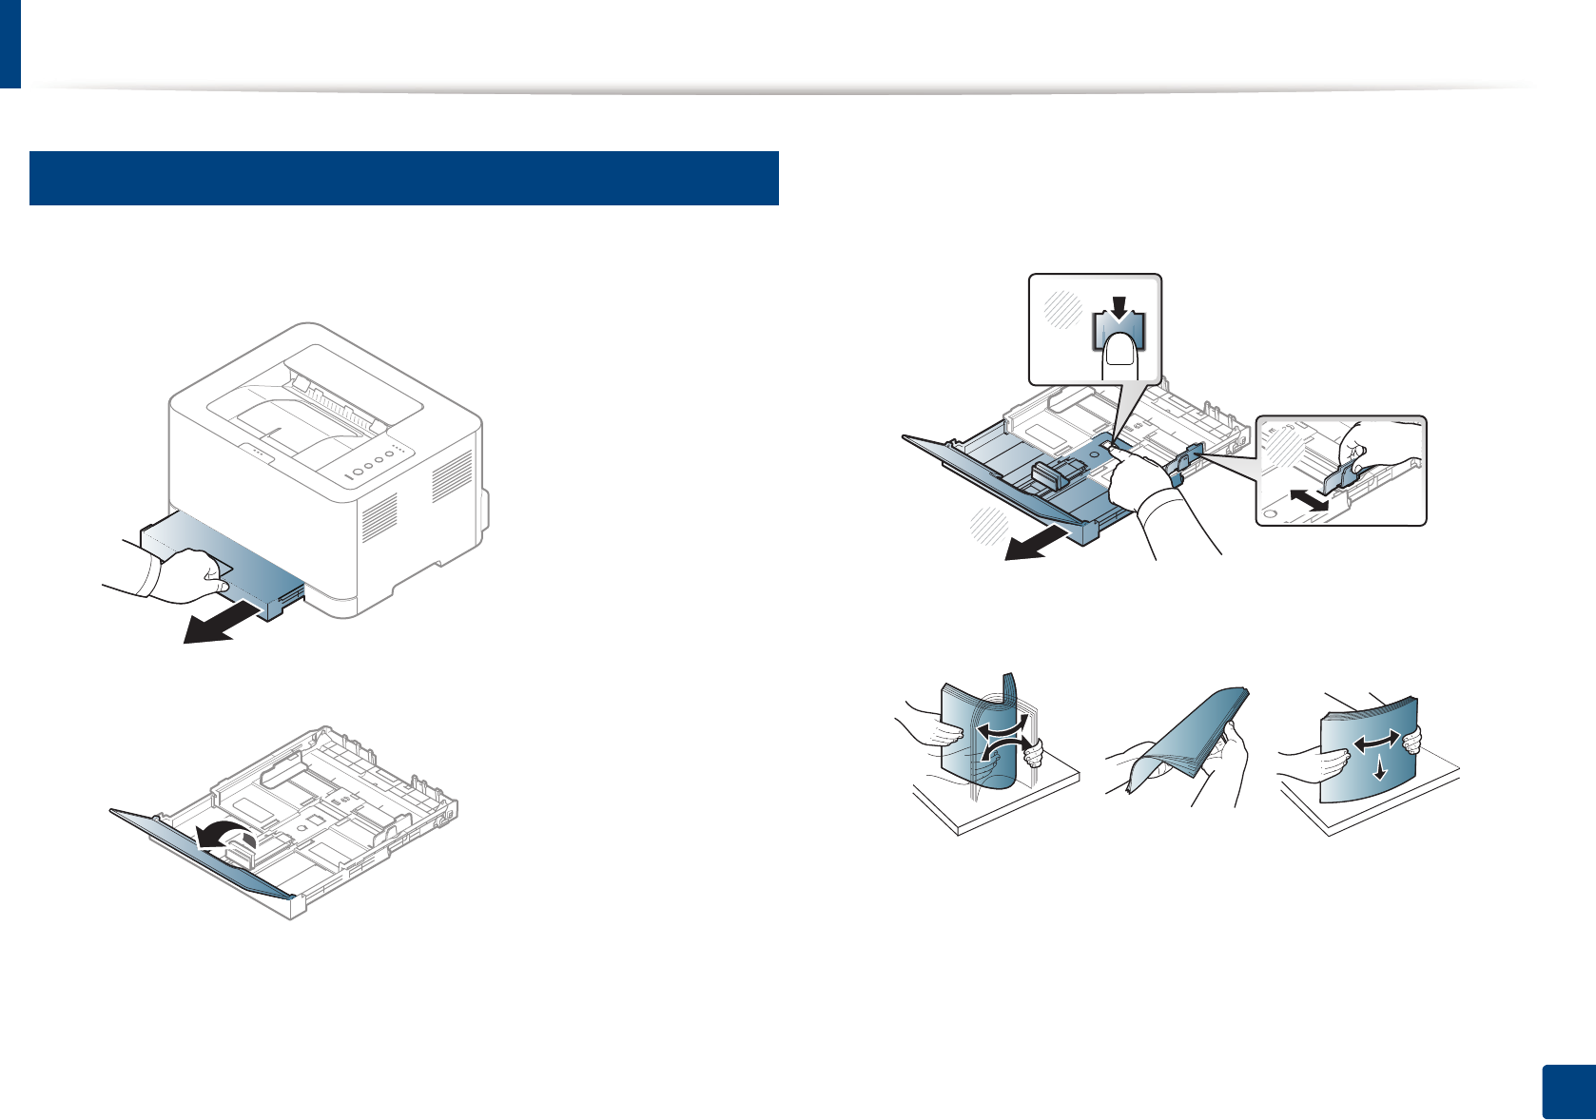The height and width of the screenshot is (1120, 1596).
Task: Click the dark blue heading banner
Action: [x=403, y=178]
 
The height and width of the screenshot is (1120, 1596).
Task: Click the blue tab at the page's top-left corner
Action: [x=10, y=44]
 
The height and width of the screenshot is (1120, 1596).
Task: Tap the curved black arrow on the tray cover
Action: [x=224, y=836]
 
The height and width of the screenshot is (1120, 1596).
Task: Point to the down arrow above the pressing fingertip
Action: [x=1119, y=309]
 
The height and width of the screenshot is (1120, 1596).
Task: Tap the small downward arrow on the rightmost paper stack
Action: [x=1379, y=771]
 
